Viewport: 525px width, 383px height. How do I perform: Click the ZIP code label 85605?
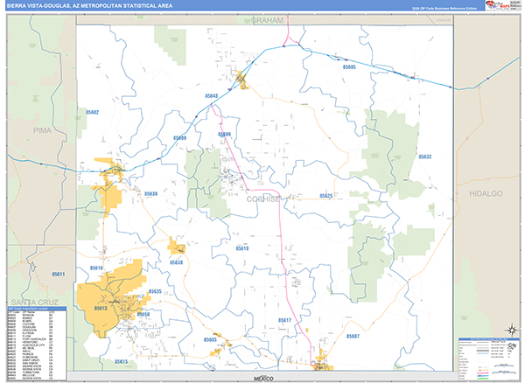350,67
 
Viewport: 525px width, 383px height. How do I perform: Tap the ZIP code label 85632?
425,157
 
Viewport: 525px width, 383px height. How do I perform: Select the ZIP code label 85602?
93,113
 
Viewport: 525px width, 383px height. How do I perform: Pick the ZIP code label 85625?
325,196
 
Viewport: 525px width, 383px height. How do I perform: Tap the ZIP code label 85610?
241,248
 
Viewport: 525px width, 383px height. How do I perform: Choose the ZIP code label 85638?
177,262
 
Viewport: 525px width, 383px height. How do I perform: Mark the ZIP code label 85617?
285,321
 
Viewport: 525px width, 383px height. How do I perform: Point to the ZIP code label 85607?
353,336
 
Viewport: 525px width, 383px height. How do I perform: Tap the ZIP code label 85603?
211,338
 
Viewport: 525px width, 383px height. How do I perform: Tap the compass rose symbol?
507,329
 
